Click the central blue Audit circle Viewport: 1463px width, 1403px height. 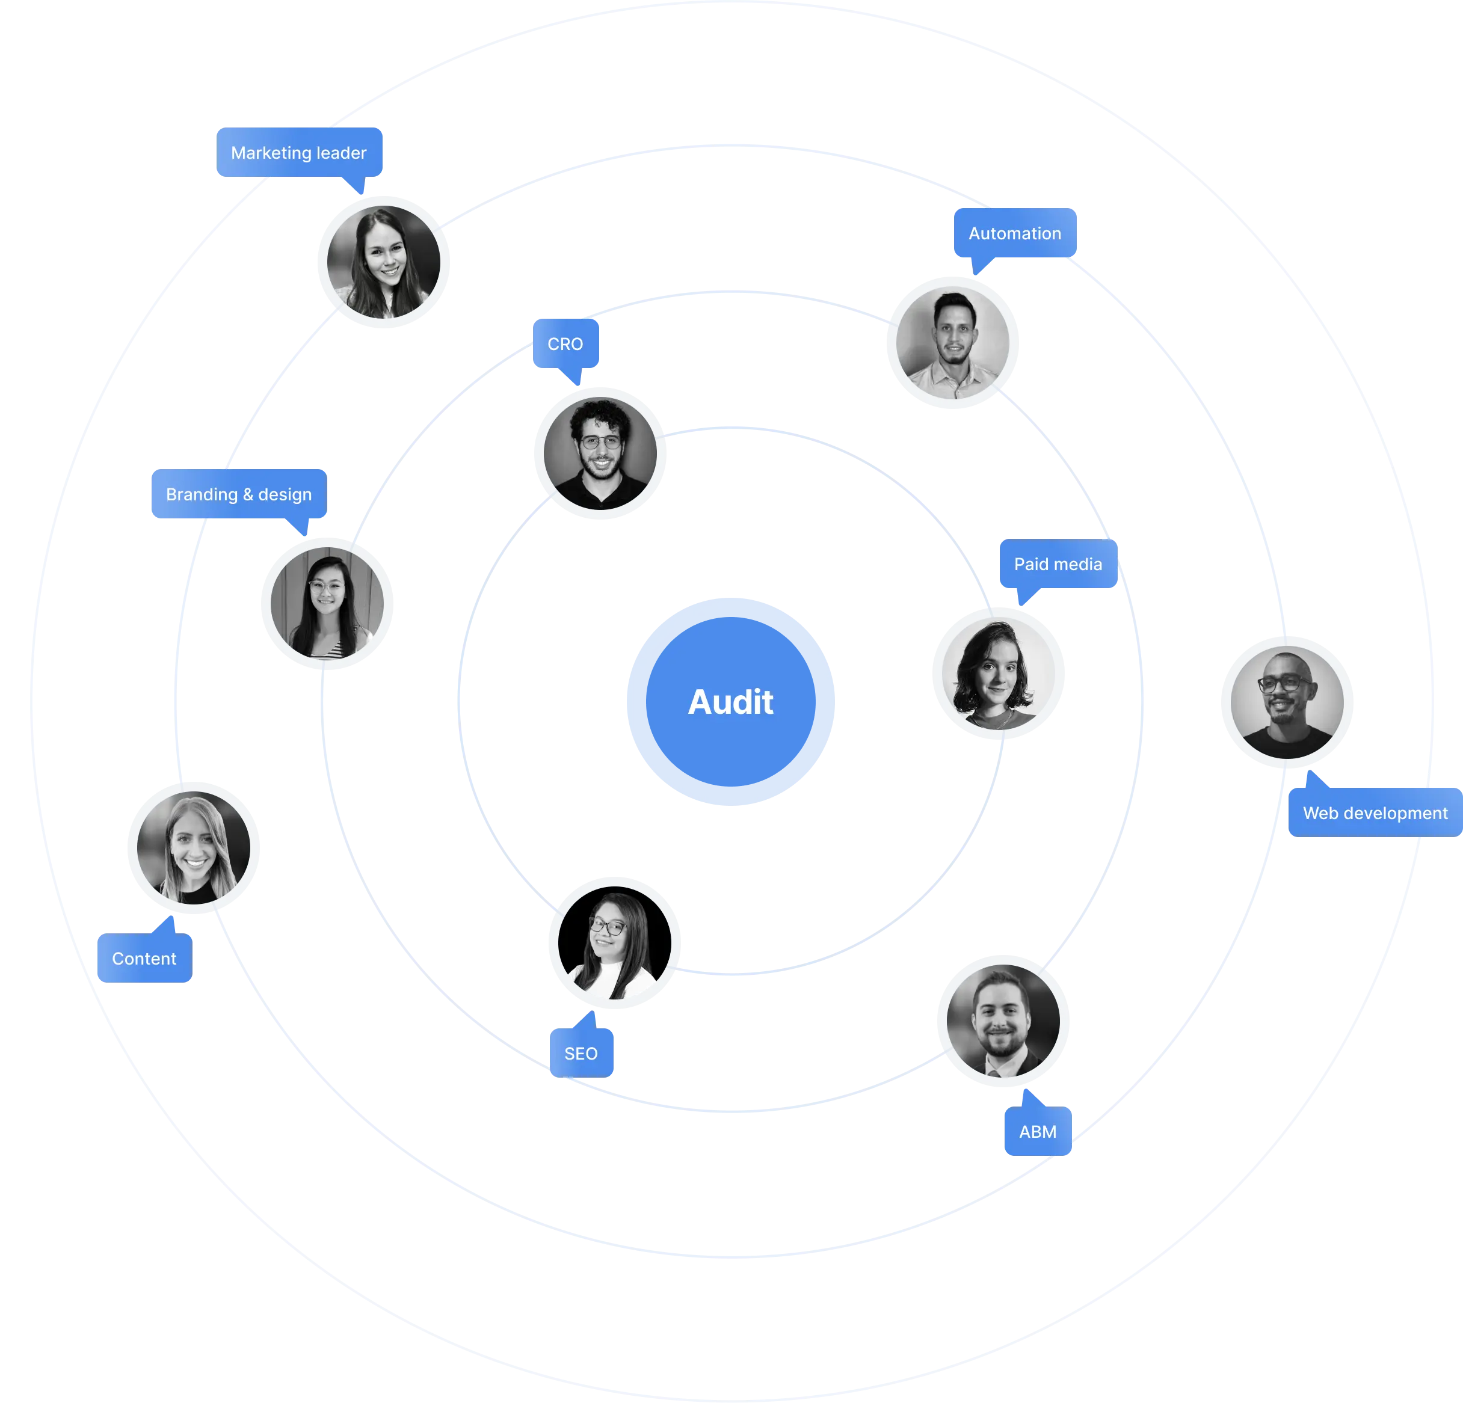(x=731, y=701)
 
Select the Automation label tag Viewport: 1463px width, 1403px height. (x=1014, y=233)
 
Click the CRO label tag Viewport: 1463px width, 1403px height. (x=565, y=344)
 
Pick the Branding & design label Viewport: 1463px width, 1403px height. (x=238, y=494)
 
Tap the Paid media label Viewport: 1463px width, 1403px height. (x=1058, y=564)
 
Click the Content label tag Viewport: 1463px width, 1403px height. (x=144, y=958)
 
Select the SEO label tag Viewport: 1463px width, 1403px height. (x=581, y=1053)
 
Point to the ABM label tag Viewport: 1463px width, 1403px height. (x=1038, y=1131)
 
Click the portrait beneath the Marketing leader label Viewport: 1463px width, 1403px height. (x=384, y=262)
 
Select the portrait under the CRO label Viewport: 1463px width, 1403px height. (x=601, y=453)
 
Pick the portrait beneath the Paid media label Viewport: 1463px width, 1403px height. (x=998, y=674)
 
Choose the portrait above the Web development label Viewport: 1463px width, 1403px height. (x=1287, y=701)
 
